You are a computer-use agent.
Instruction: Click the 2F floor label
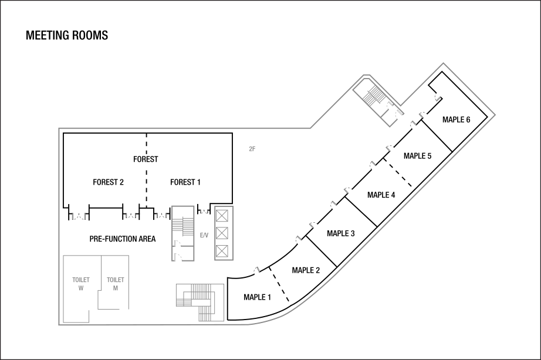252,149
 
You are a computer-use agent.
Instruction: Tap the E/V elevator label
204,235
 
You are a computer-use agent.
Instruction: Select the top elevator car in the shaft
222,216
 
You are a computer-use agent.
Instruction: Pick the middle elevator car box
222,233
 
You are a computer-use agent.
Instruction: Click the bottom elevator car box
222,251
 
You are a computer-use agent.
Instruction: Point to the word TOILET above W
81,280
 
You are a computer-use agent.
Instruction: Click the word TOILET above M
116,280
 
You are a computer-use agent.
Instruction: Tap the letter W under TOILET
81,288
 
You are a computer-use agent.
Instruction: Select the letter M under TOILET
116,288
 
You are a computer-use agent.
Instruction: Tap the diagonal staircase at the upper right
374,95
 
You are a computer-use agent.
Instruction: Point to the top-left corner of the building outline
59,128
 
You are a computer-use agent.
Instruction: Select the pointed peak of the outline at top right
443,63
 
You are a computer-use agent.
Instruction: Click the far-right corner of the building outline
495,115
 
